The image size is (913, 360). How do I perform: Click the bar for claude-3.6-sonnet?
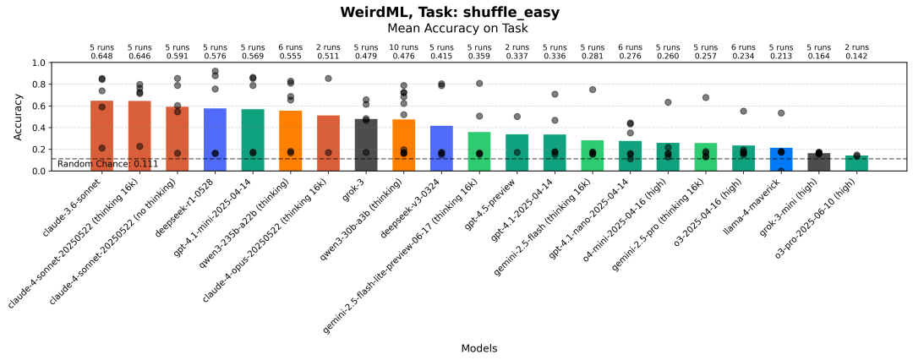coord(101,136)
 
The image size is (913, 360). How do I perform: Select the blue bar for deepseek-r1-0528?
coord(215,139)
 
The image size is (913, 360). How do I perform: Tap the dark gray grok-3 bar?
coord(366,145)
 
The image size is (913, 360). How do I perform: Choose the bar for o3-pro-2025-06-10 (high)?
coord(856,163)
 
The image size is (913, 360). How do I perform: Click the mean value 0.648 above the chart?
coord(101,57)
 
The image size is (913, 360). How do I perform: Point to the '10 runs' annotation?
coord(403,47)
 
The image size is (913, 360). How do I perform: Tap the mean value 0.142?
coord(856,57)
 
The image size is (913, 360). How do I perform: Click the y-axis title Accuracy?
coord(19,117)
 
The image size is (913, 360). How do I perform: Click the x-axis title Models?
coord(478,348)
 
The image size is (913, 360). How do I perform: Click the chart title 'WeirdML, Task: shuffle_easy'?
coord(450,12)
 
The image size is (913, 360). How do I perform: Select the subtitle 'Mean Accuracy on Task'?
coord(457,28)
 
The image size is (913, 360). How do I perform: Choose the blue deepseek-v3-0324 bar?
coord(441,149)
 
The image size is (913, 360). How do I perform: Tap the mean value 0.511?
coord(328,57)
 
